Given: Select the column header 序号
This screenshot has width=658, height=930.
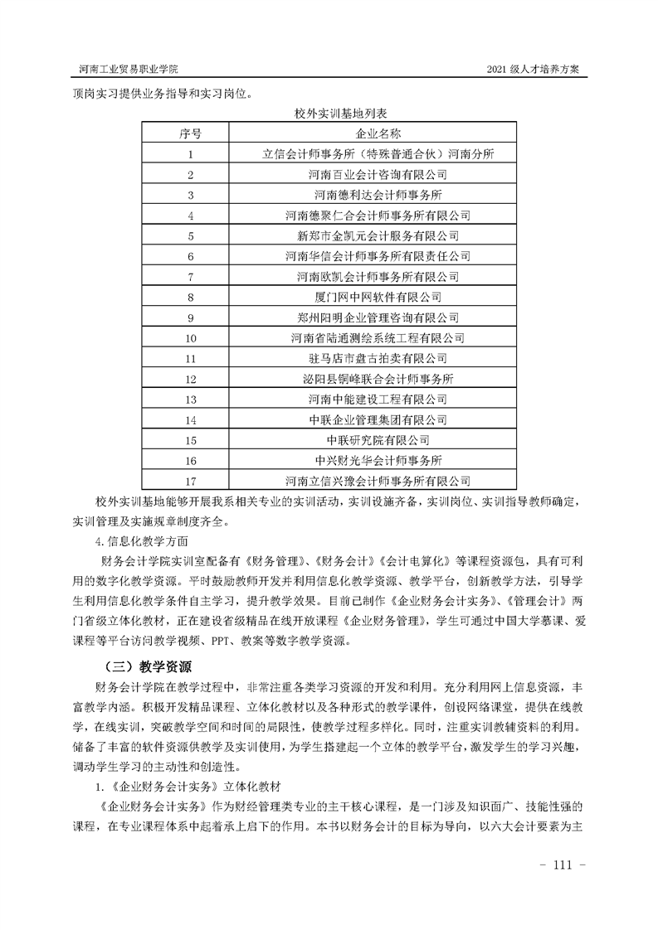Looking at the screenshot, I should (x=191, y=133).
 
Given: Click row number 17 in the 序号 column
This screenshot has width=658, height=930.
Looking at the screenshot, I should (x=191, y=481).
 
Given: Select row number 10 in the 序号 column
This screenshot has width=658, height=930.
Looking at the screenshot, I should (x=191, y=338).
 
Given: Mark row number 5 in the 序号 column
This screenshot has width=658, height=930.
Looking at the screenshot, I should (x=191, y=235).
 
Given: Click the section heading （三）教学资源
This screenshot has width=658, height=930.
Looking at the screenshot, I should (x=148, y=665).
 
